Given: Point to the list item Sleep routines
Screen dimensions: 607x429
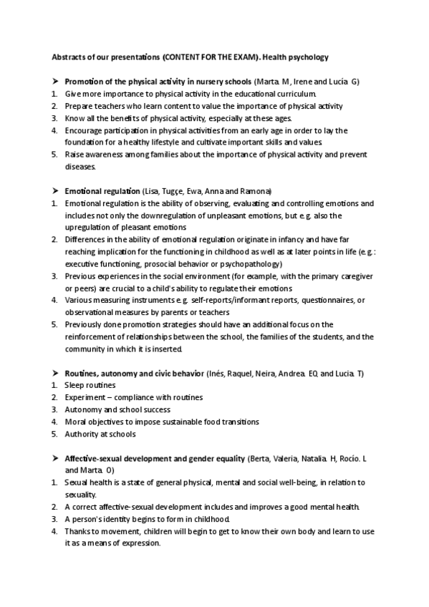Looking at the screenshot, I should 90,385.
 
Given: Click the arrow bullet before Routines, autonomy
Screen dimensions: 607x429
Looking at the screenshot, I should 55,373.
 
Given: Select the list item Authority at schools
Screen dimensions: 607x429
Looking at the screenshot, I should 100,434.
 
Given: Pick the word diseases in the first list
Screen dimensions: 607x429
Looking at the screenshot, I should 79,167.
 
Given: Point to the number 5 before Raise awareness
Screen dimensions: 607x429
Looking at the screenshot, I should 55,155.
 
